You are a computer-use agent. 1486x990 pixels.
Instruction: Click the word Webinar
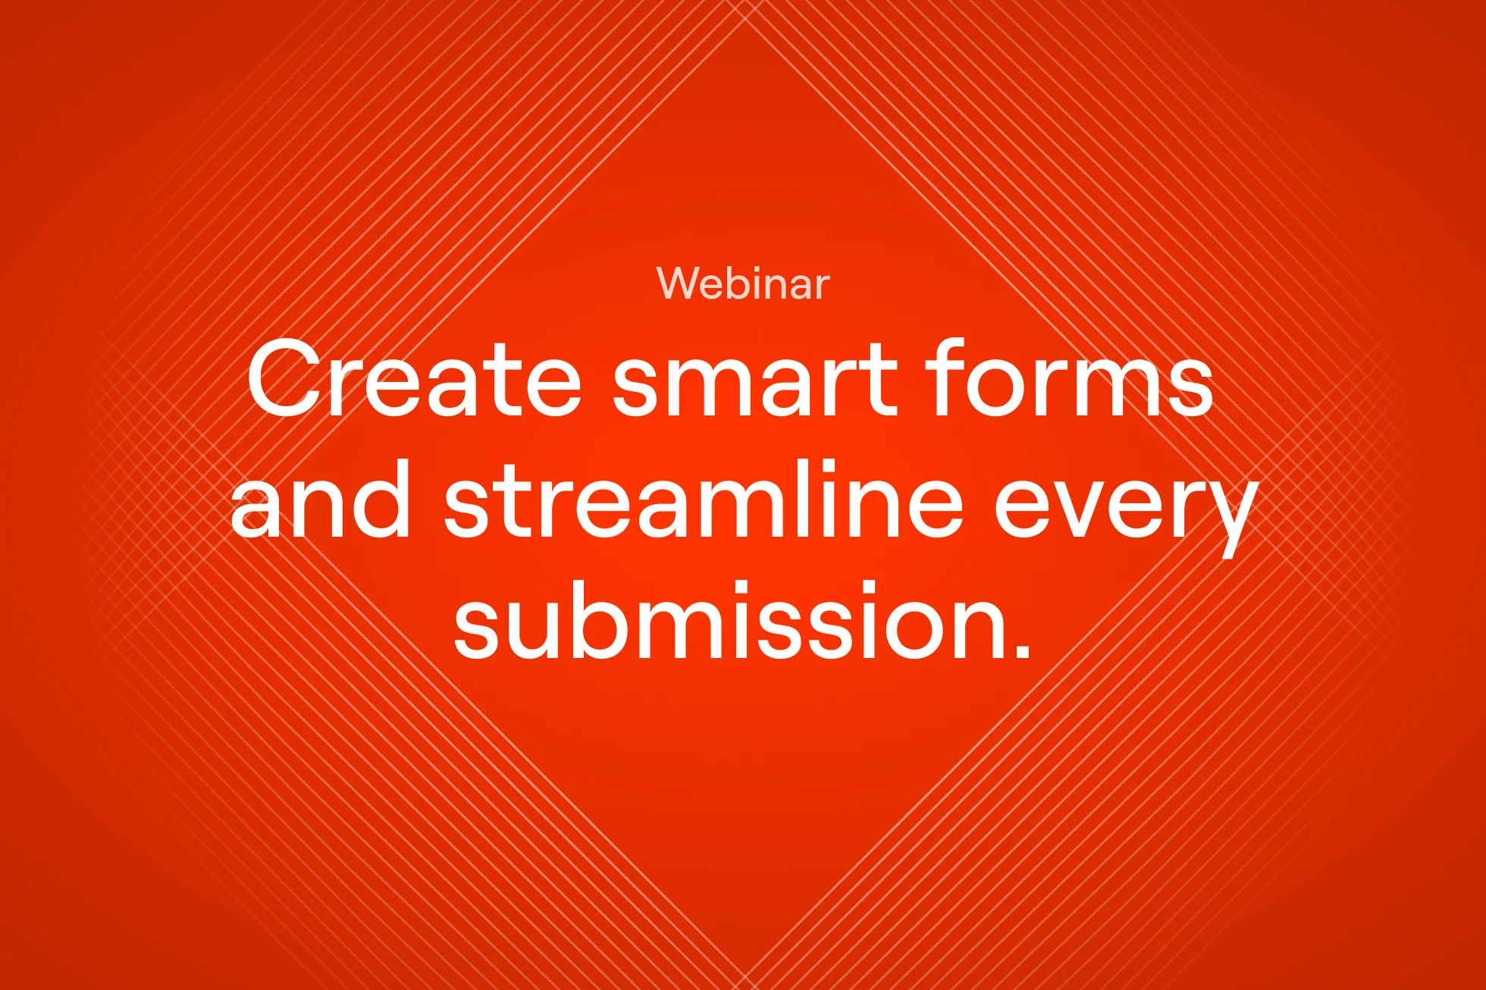pyautogui.click(x=743, y=284)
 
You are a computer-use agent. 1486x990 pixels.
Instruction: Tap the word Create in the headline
pyautogui.click(x=415, y=378)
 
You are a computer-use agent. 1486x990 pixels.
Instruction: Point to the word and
pyautogui.click(x=320, y=499)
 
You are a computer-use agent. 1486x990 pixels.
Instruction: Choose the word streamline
pyautogui.click(x=704, y=499)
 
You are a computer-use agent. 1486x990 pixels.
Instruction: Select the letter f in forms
pyautogui.click(x=942, y=377)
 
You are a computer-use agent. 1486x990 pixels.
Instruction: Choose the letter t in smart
pyautogui.click(x=883, y=380)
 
